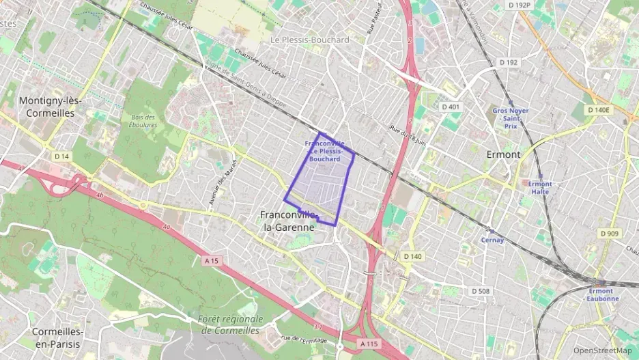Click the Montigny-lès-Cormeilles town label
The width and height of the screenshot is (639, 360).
[x=51, y=106]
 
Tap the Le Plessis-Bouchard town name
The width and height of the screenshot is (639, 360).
[x=309, y=40]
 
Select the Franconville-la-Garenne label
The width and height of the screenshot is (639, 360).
[x=287, y=220]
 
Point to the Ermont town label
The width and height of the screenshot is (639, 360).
[x=503, y=154]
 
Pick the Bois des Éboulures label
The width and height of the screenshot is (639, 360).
[x=143, y=121]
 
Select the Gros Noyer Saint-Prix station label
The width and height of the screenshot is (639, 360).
[x=511, y=117]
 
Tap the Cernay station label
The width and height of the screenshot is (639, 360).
[x=492, y=240]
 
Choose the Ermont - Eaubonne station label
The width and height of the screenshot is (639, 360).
[x=601, y=294]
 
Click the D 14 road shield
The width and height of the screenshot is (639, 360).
[x=61, y=156]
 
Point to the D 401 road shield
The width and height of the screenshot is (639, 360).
[x=451, y=107]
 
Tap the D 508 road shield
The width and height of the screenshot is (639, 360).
[x=481, y=291]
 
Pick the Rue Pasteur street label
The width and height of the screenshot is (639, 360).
[x=371, y=20]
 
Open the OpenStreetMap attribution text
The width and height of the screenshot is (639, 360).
[x=602, y=350]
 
